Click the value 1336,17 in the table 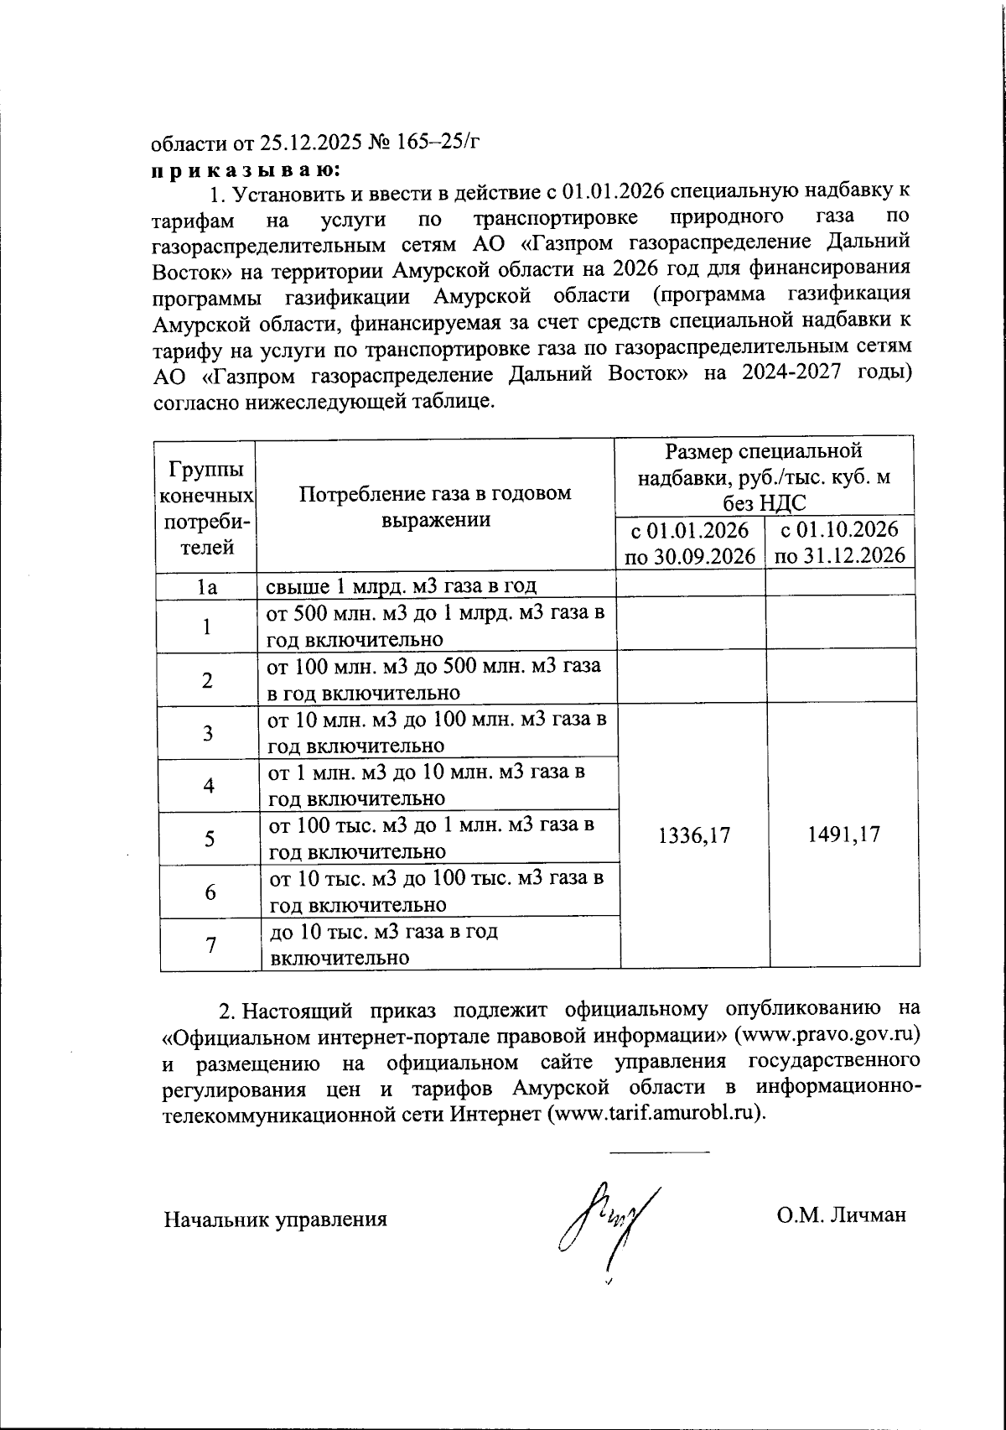694,835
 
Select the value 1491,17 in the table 843,835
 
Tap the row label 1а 207,586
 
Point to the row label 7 210,944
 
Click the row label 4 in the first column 208,786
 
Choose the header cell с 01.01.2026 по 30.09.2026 690,543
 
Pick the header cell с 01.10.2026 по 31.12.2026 839,543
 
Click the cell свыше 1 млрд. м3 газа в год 401,585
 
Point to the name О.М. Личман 841,1215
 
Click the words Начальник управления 275,1219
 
